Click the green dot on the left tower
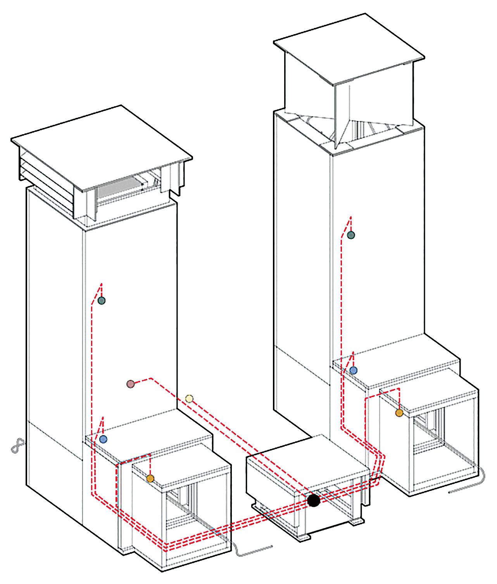102,301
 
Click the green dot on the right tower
351,235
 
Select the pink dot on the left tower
131,384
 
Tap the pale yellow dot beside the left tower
189,398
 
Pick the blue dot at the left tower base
103,439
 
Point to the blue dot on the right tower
353,370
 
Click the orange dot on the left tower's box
150,479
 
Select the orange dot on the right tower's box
399,413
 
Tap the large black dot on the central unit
314,500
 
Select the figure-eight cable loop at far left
17,446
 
